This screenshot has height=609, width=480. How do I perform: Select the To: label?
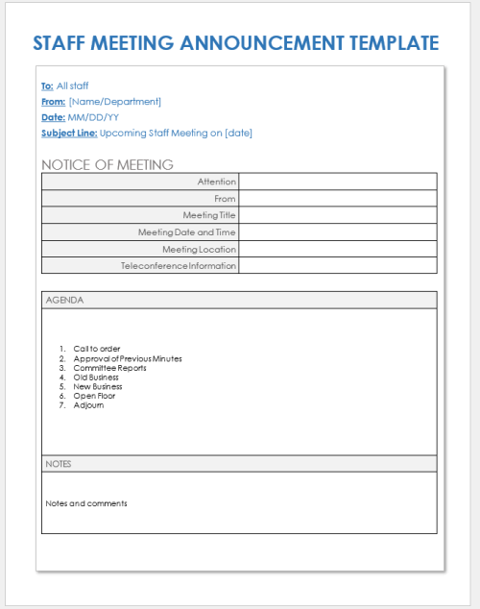(x=47, y=86)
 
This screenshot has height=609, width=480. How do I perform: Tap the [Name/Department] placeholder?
(x=115, y=102)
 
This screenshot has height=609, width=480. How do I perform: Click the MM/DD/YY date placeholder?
(x=93, y=117)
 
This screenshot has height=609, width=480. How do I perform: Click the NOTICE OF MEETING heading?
(x=107, y=164)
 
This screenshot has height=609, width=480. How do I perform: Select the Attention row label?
(x=216, y=182)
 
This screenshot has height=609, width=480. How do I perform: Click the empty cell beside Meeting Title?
(x=337, y=215)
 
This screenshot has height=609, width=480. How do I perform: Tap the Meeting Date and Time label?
(x=187, y=231)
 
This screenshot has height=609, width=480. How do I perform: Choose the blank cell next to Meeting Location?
(x=337, y=249)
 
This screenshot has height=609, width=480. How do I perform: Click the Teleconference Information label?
(x=179, y=265)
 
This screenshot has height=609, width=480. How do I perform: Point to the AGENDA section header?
(x=65, y=300)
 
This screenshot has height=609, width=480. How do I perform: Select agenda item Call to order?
(x=97, y=349)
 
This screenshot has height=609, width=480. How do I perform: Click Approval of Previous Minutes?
(x=127, y=358)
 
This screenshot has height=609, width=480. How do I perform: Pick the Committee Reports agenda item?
(x=109, y=368)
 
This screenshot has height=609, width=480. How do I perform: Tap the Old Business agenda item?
(x=96, y=378)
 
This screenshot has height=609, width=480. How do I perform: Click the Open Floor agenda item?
(x=94, y=396)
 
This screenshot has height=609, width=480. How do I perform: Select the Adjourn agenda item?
(x=88, y=405)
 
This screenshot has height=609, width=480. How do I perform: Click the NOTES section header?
(x=59, y=464)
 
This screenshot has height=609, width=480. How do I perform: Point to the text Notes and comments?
(x=86, y=503)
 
